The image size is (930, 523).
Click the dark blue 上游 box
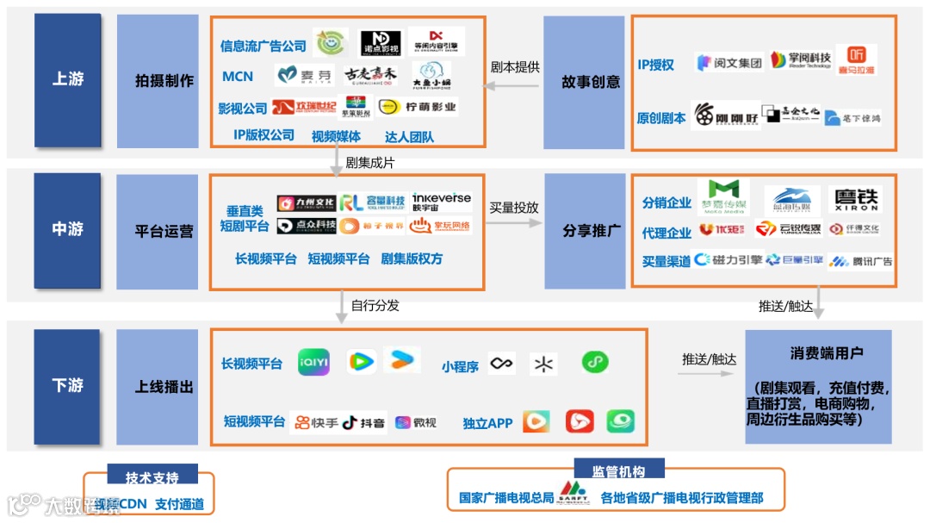(x=68, y=79)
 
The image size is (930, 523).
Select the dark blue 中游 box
(x=68, y=229)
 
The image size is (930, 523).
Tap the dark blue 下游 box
(x=68, y=385)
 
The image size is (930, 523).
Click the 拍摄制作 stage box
(x=164, y=81)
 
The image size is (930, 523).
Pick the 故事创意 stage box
(x=591, y=82)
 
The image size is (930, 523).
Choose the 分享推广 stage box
(x=591, y=231)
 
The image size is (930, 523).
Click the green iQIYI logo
(x=313, y=363)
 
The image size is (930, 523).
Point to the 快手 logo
(x=316, y=422)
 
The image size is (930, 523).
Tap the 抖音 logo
(x=363, y=422)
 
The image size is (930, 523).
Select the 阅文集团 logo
(x=729, y=63)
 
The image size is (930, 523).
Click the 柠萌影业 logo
(x=418, y=108)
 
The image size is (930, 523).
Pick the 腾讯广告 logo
(x=860, y=260)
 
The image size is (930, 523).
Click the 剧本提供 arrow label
(x=515, y=67)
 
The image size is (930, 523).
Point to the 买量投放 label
(x=514, y=207)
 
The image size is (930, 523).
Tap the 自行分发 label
(x=375, y=305)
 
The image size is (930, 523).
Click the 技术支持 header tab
(x=152, y=477)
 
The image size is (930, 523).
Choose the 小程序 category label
(x=460, y=366)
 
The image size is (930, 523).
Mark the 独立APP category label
(x=487, y=423)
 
